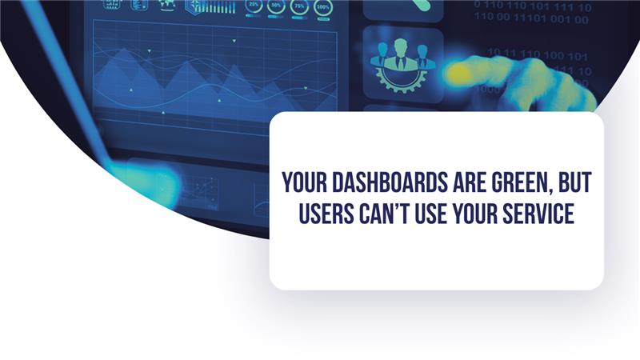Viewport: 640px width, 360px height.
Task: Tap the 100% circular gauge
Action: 324,6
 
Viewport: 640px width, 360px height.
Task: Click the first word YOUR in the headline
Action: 302,183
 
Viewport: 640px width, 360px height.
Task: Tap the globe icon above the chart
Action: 167,4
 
